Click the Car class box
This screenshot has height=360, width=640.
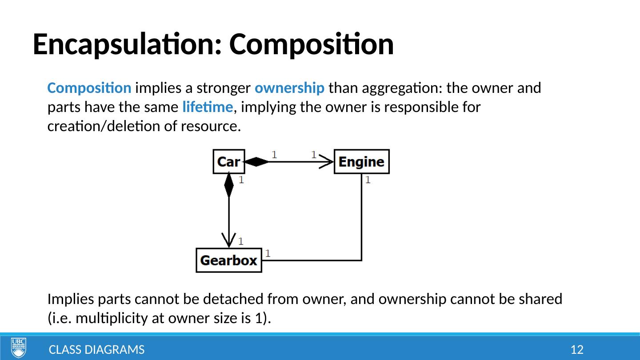coord(228,161)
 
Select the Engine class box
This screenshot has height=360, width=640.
coord(361,161)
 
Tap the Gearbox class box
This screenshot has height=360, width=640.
coord(229,260)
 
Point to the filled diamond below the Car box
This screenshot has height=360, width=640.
coord(229,185)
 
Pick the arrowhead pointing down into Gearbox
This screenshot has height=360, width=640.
coord(229,241)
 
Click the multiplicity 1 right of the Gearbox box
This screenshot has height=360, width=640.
coord(268,253)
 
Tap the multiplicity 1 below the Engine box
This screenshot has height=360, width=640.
coord(368,180)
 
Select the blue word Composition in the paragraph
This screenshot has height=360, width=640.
coord(89,88)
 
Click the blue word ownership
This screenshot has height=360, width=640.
coord(289,88)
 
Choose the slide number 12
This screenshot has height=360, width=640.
coord(577,350)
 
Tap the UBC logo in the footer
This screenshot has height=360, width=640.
coord(19,348)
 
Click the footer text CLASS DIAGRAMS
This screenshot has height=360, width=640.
coord(96,350)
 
